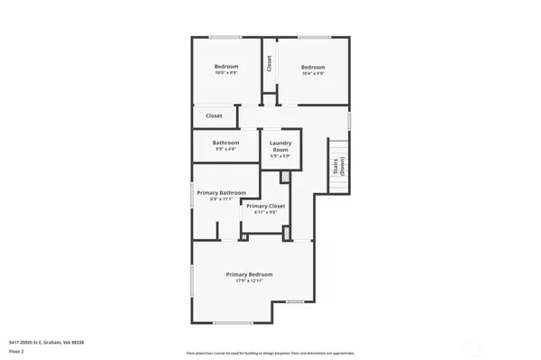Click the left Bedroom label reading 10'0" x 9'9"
tap(225, 67)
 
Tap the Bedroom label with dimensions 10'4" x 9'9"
tap(313, 67)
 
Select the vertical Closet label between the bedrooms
tap(269, 64)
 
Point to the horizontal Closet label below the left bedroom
tap(214, 116)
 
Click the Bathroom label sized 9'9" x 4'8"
tap(225, 143)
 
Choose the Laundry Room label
tap(280, 146)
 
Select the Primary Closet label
tap(265, 207)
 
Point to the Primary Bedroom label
tap(249, 274)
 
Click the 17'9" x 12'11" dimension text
tap(249, 282)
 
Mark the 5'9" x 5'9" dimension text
tap(280, 157)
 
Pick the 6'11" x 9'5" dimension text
tap(265, 213)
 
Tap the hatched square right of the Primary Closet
tap(287, 234)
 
